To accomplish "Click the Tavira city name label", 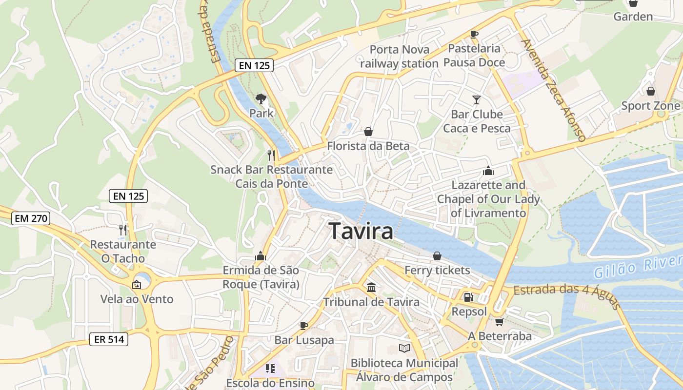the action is click(361, 231).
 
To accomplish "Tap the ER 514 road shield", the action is click(109, 340).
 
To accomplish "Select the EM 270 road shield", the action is click(31, 218).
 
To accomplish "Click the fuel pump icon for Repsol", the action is click(468, 297).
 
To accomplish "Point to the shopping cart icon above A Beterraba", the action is click(499, 322).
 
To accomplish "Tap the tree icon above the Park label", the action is click(261, 99).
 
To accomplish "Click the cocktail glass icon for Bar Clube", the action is click(477, 100).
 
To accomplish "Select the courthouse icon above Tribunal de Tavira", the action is click(371, 288).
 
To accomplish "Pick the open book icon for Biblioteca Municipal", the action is click(404, 348).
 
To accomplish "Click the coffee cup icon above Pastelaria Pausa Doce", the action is click(474, 34).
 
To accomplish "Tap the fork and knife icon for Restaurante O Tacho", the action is click(123, 230).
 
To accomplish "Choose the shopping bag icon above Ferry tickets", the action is click(437, 256).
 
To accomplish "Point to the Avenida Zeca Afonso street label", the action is click(552, 90).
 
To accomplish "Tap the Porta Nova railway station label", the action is click(399, 57).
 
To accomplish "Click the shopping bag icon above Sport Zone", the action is click(650, 91).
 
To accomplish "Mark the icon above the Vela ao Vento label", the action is click(137, 284).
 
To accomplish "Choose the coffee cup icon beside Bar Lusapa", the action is click(304, 325).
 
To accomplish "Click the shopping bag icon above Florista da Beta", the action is click(368, 132).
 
